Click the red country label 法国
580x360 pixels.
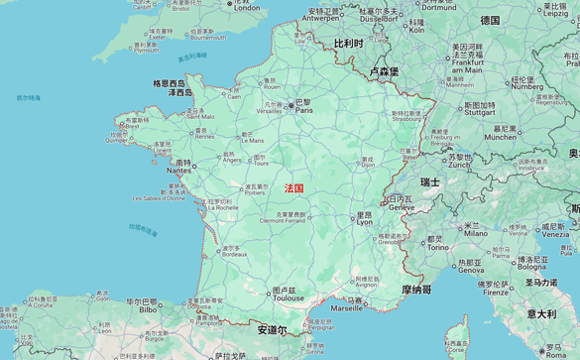click(294, 187)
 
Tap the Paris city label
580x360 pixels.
click(302, 110)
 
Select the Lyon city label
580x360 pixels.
click(364, 221)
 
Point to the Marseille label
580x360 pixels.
click(346, 307)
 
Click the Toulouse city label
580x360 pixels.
click(290, 298)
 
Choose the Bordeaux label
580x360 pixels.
click(234, 254)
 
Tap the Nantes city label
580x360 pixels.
click(179, 170)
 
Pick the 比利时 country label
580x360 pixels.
click(348, 45)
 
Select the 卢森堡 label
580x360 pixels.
click(383, 71)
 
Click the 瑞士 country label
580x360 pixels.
click(429, 181)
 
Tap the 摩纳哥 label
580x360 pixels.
click(416, 290)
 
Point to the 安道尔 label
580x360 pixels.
click(272, 329)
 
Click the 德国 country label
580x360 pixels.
click(490, 20)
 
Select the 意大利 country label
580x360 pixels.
click(541, 313)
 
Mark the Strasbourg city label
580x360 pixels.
click(406, 119)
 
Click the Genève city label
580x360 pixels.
click(402, 206)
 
